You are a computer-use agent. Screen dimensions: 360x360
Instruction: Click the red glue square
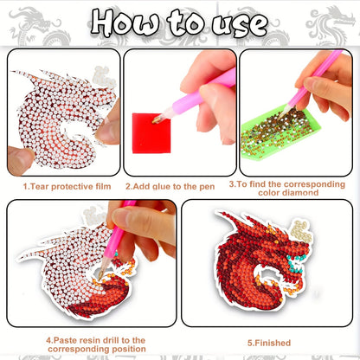click(x=151, y=133)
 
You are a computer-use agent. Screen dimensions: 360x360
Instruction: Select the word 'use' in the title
click(x=240, y=25)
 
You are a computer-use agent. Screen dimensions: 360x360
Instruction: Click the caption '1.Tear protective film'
click(x=67, y=187)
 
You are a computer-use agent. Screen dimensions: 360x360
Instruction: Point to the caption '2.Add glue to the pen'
click(x=170, y=187)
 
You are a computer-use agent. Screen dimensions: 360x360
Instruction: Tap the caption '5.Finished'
click(x=269, y=343)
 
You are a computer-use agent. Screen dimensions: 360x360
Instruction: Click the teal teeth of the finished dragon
click(x=296, y=264)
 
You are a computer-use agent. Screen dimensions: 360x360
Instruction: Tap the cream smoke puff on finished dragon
click(x=301, y=231)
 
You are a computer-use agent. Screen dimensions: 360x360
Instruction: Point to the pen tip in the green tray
click(x=284, y=112)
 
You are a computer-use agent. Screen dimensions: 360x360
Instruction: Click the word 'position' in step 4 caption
click(x=129, y=350)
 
